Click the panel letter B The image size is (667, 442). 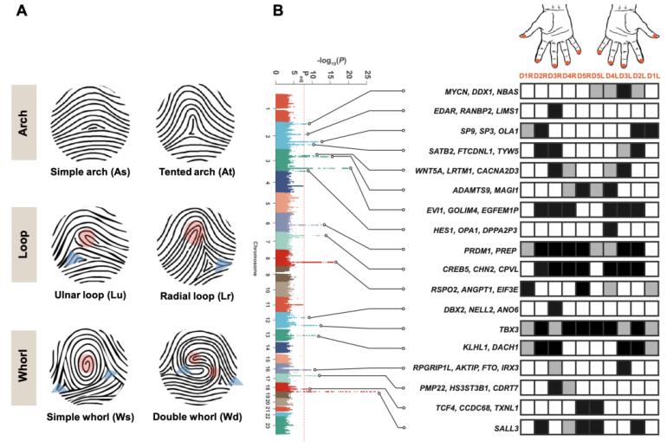(x=279, y=11)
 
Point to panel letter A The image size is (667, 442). (x=18, y=11)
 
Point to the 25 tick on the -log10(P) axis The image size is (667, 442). (x=369, y=75)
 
